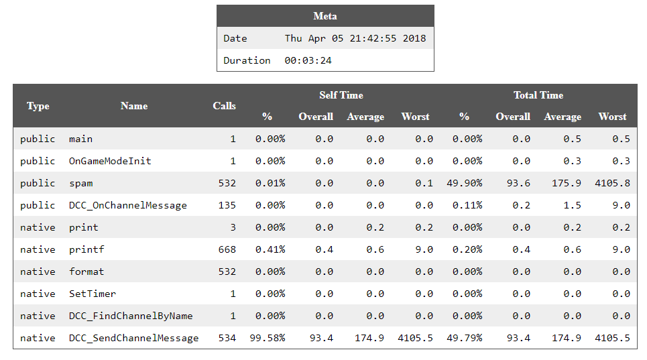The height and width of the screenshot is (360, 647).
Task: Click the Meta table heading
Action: (x=325, y=16)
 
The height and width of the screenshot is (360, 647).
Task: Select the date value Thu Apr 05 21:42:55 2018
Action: (x=355, y=38)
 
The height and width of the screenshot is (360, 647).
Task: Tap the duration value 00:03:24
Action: (x=308, y=60)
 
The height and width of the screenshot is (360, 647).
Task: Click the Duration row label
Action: (x=247, y=60)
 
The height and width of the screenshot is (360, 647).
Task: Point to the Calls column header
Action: (x=224, y=106)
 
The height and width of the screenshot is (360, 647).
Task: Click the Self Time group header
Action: (x=341, y=95)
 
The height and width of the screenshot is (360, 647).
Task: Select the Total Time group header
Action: (x=538, y=95)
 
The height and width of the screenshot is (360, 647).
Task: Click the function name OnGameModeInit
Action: (x=110, y=161)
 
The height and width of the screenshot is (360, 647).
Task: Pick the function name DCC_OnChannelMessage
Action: (x=127, y=205)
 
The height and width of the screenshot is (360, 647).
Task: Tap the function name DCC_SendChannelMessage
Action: (x=133, y=338)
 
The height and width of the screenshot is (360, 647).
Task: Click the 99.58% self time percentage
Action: (x=270, y=338)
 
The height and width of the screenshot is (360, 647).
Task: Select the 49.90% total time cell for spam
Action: (x=465, y=183)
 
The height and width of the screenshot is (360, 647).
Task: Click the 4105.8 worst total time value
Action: (x=612, y=183)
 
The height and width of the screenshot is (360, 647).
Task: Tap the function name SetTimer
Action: (x=92, y=294)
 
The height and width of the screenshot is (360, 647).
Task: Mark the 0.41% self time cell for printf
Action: (x=270, y=249)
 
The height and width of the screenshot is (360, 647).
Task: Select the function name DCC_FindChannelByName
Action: (x=130, y=316)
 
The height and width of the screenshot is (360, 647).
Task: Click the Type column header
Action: (x=38, y=106)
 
